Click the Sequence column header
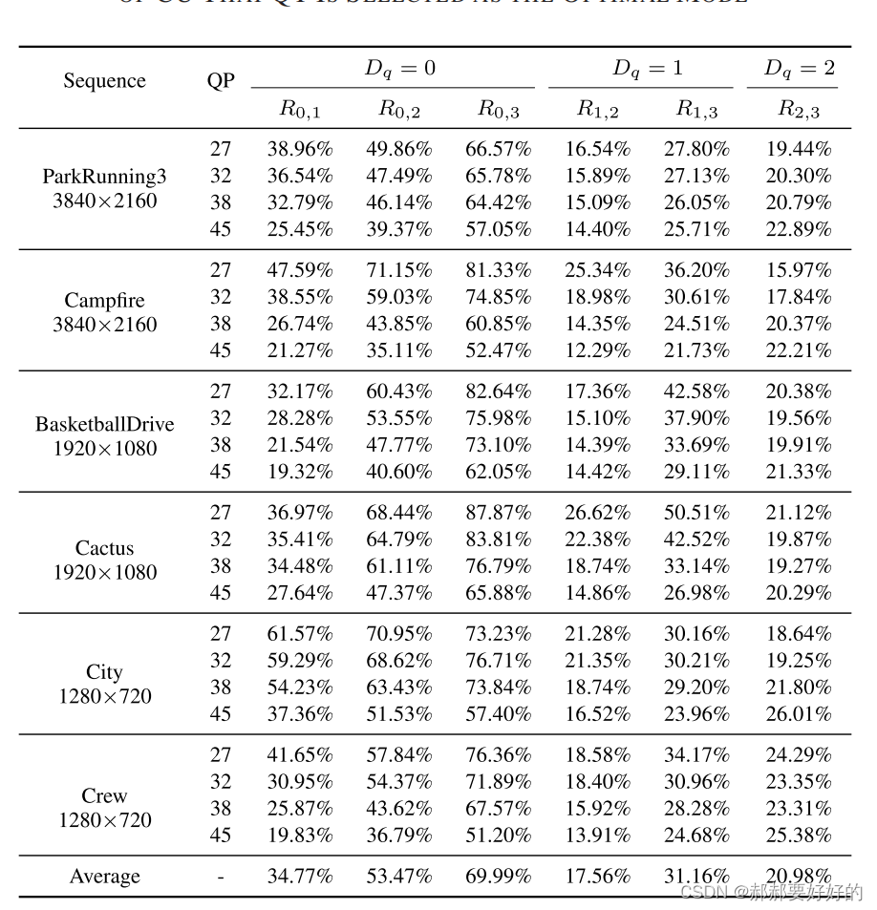click(104, 81)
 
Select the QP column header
click(221, 81)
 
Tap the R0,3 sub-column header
click(498, 110)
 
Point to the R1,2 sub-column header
click(597, 110)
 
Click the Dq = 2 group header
click(799, 69)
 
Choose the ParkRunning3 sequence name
click(104, 177)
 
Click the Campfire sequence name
click(104, 301)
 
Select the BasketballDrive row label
click(104, 423)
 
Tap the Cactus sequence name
click(104, 548)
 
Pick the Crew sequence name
click(104, 795)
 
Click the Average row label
click(104, 877)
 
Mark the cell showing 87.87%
click(498, 513)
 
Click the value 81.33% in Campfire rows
click(498, 270)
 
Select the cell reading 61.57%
click(299, 634)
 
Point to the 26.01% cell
click(799, 714)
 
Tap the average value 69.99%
click(498, 877)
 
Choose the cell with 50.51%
click(696, 513)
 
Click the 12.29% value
click(597, 350)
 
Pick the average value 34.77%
click(299, 877)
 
